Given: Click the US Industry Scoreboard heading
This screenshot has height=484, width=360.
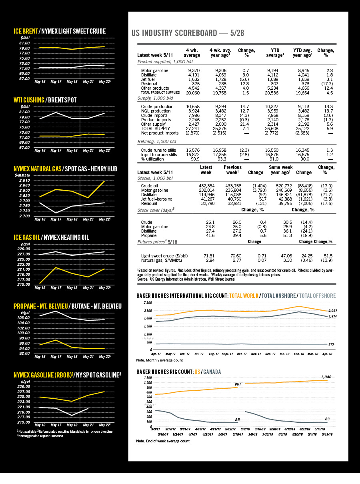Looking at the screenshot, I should coord(188,33).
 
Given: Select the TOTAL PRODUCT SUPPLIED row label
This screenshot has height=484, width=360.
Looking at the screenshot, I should coord(158,92).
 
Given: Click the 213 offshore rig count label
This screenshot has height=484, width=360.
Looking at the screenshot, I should coord(331,344).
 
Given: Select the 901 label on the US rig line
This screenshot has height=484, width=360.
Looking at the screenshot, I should coord(238,384).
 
